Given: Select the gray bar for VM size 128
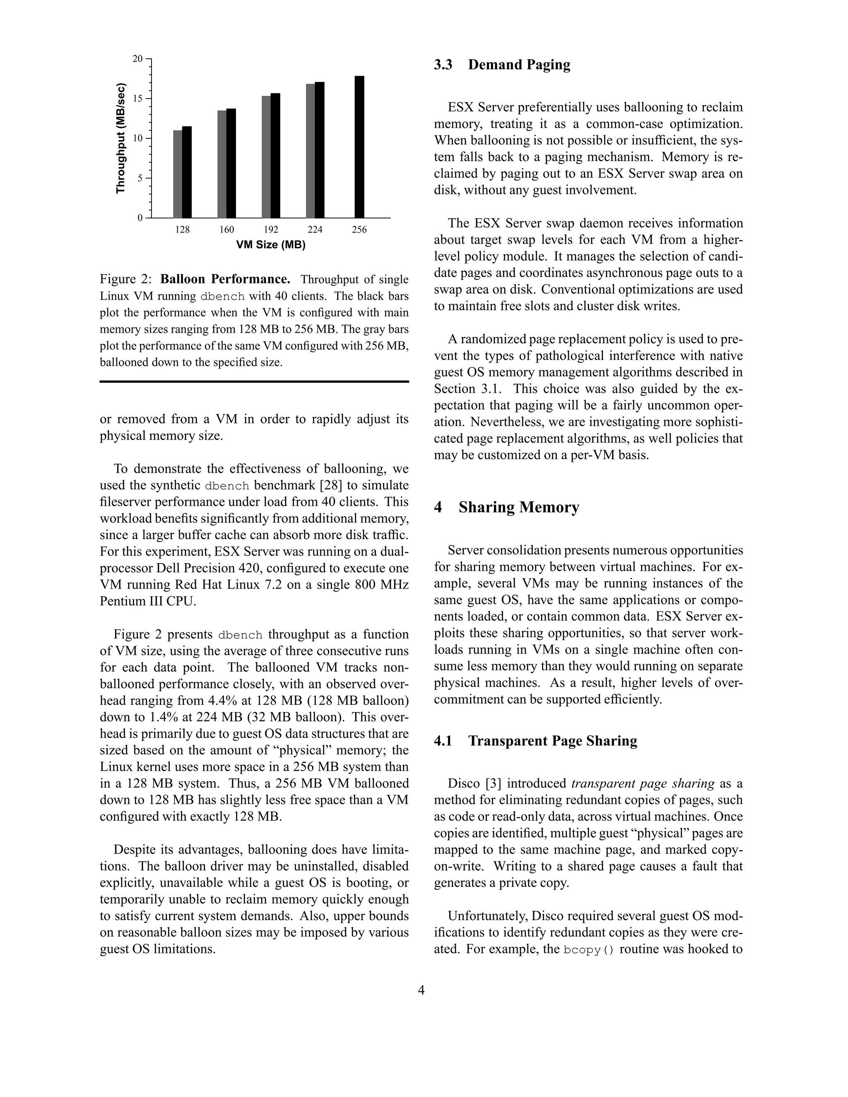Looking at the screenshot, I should (x=177, y=174).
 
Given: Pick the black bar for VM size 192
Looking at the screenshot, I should (x=275, y=155).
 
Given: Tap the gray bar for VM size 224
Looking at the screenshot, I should (x=311, y=151).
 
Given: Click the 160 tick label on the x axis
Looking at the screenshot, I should (x=226, y=230).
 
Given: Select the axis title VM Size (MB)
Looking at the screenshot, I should (x=271, y=245).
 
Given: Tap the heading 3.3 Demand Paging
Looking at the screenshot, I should (x=502, y=65).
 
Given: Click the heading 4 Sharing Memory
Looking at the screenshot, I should (x=506, y=508).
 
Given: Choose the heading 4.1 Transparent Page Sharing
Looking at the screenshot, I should (x=535, y=741).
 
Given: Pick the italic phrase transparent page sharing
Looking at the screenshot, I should (x=643, y=784).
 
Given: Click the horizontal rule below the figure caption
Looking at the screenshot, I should (x=254, y=382).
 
